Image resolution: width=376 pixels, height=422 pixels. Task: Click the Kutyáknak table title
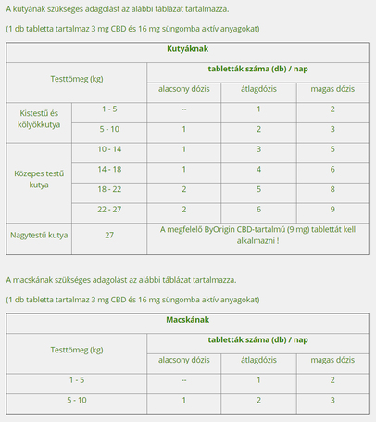pos(187,47)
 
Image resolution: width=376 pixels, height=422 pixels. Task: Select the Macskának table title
pos(187,320)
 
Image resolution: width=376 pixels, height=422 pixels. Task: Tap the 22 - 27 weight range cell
pos(109,210)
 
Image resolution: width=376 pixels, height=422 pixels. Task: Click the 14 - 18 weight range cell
pos(109,169)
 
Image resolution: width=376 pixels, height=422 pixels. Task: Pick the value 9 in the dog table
pos(332,210)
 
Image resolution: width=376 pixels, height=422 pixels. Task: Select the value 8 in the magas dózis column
pos(332,189)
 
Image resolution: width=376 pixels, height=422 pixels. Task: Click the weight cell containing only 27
pos(109,236)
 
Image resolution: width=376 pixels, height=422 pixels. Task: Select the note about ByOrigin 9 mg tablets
pos(259,235)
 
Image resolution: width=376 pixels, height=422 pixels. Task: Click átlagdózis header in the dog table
pos(257,89)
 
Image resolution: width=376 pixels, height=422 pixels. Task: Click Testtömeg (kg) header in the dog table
pos(76,79)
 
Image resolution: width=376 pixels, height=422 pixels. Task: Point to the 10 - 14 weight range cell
pos(109,148)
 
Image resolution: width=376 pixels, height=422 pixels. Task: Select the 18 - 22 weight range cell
pos(109,189)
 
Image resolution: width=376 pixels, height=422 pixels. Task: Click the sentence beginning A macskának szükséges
pos(120,279)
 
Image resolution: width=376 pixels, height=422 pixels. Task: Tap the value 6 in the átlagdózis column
pos(257,210)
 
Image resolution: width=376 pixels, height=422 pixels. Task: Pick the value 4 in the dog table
pos(257,169)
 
